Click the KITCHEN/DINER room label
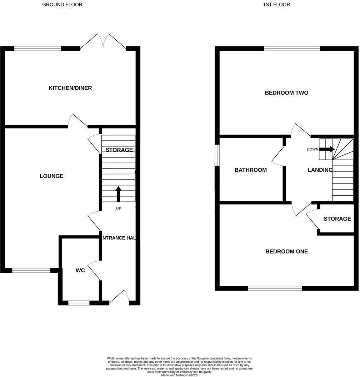70,88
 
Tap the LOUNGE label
51,176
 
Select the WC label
80,271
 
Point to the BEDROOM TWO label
286,93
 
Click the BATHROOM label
250,170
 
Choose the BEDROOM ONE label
286,251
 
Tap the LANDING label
320,170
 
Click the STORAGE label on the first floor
337,219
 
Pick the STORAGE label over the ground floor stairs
119,150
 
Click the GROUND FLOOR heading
62,5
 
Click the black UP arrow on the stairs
118,194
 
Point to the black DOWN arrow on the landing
327,149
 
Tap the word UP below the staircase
118,208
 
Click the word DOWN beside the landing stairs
312,149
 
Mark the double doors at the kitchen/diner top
103,42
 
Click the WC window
79,303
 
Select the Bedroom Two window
292,49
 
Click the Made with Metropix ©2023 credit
179,375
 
